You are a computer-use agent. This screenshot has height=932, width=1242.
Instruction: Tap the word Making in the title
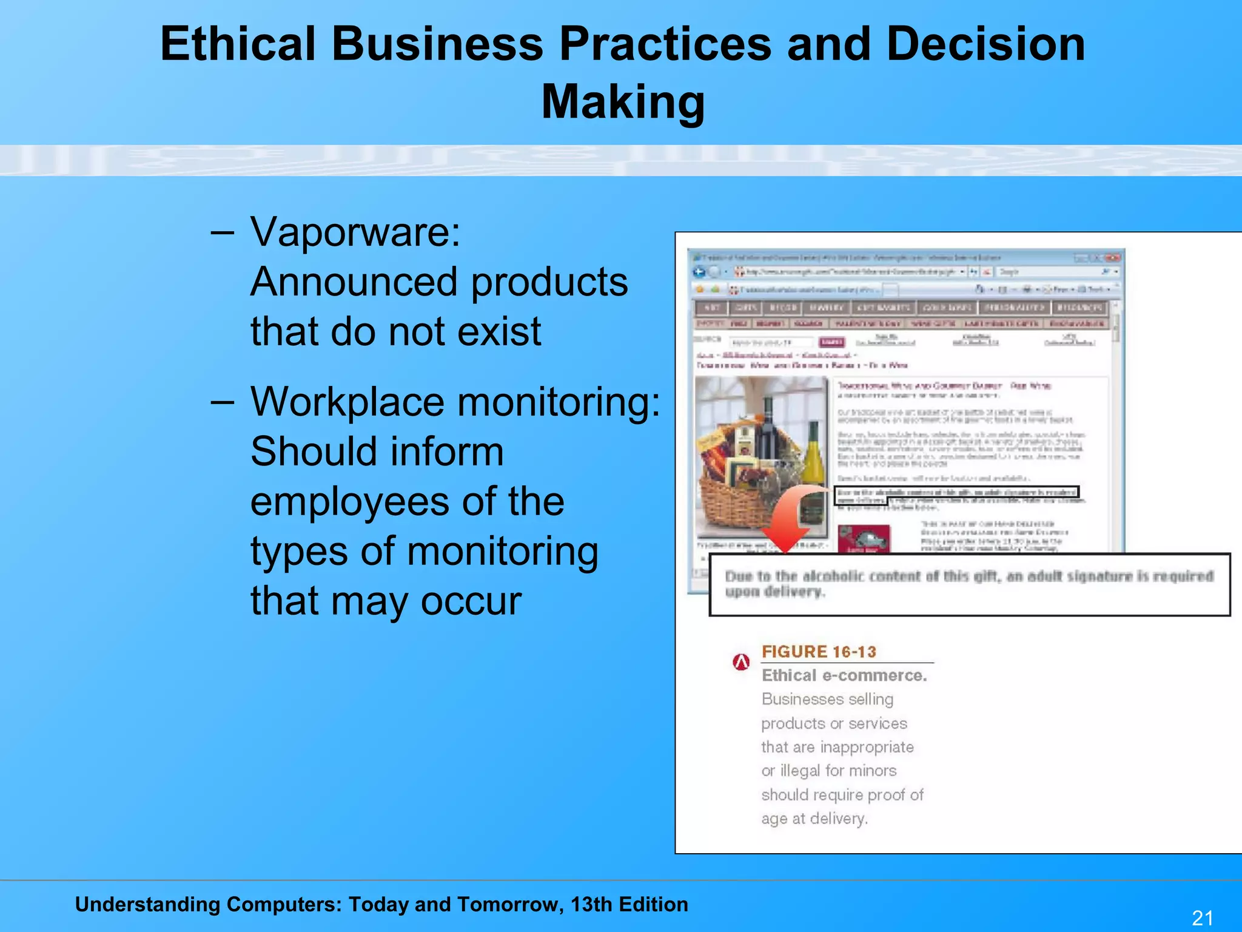[x=623, y=101]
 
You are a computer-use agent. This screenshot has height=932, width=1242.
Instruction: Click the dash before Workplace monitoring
[x=223, y=402]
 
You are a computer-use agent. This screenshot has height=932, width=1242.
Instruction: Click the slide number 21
[x=1203, y=917]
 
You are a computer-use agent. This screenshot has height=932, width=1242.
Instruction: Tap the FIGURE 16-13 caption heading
[x=819, y=652]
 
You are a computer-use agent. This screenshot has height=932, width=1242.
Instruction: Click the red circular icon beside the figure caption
[x=741, y=662]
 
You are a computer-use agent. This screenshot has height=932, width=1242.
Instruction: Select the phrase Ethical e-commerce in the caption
[x=844, y=675]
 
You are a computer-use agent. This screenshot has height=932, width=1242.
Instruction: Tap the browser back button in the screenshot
[x=699, y=272]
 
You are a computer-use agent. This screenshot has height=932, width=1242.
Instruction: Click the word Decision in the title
[x=985, y=44]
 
